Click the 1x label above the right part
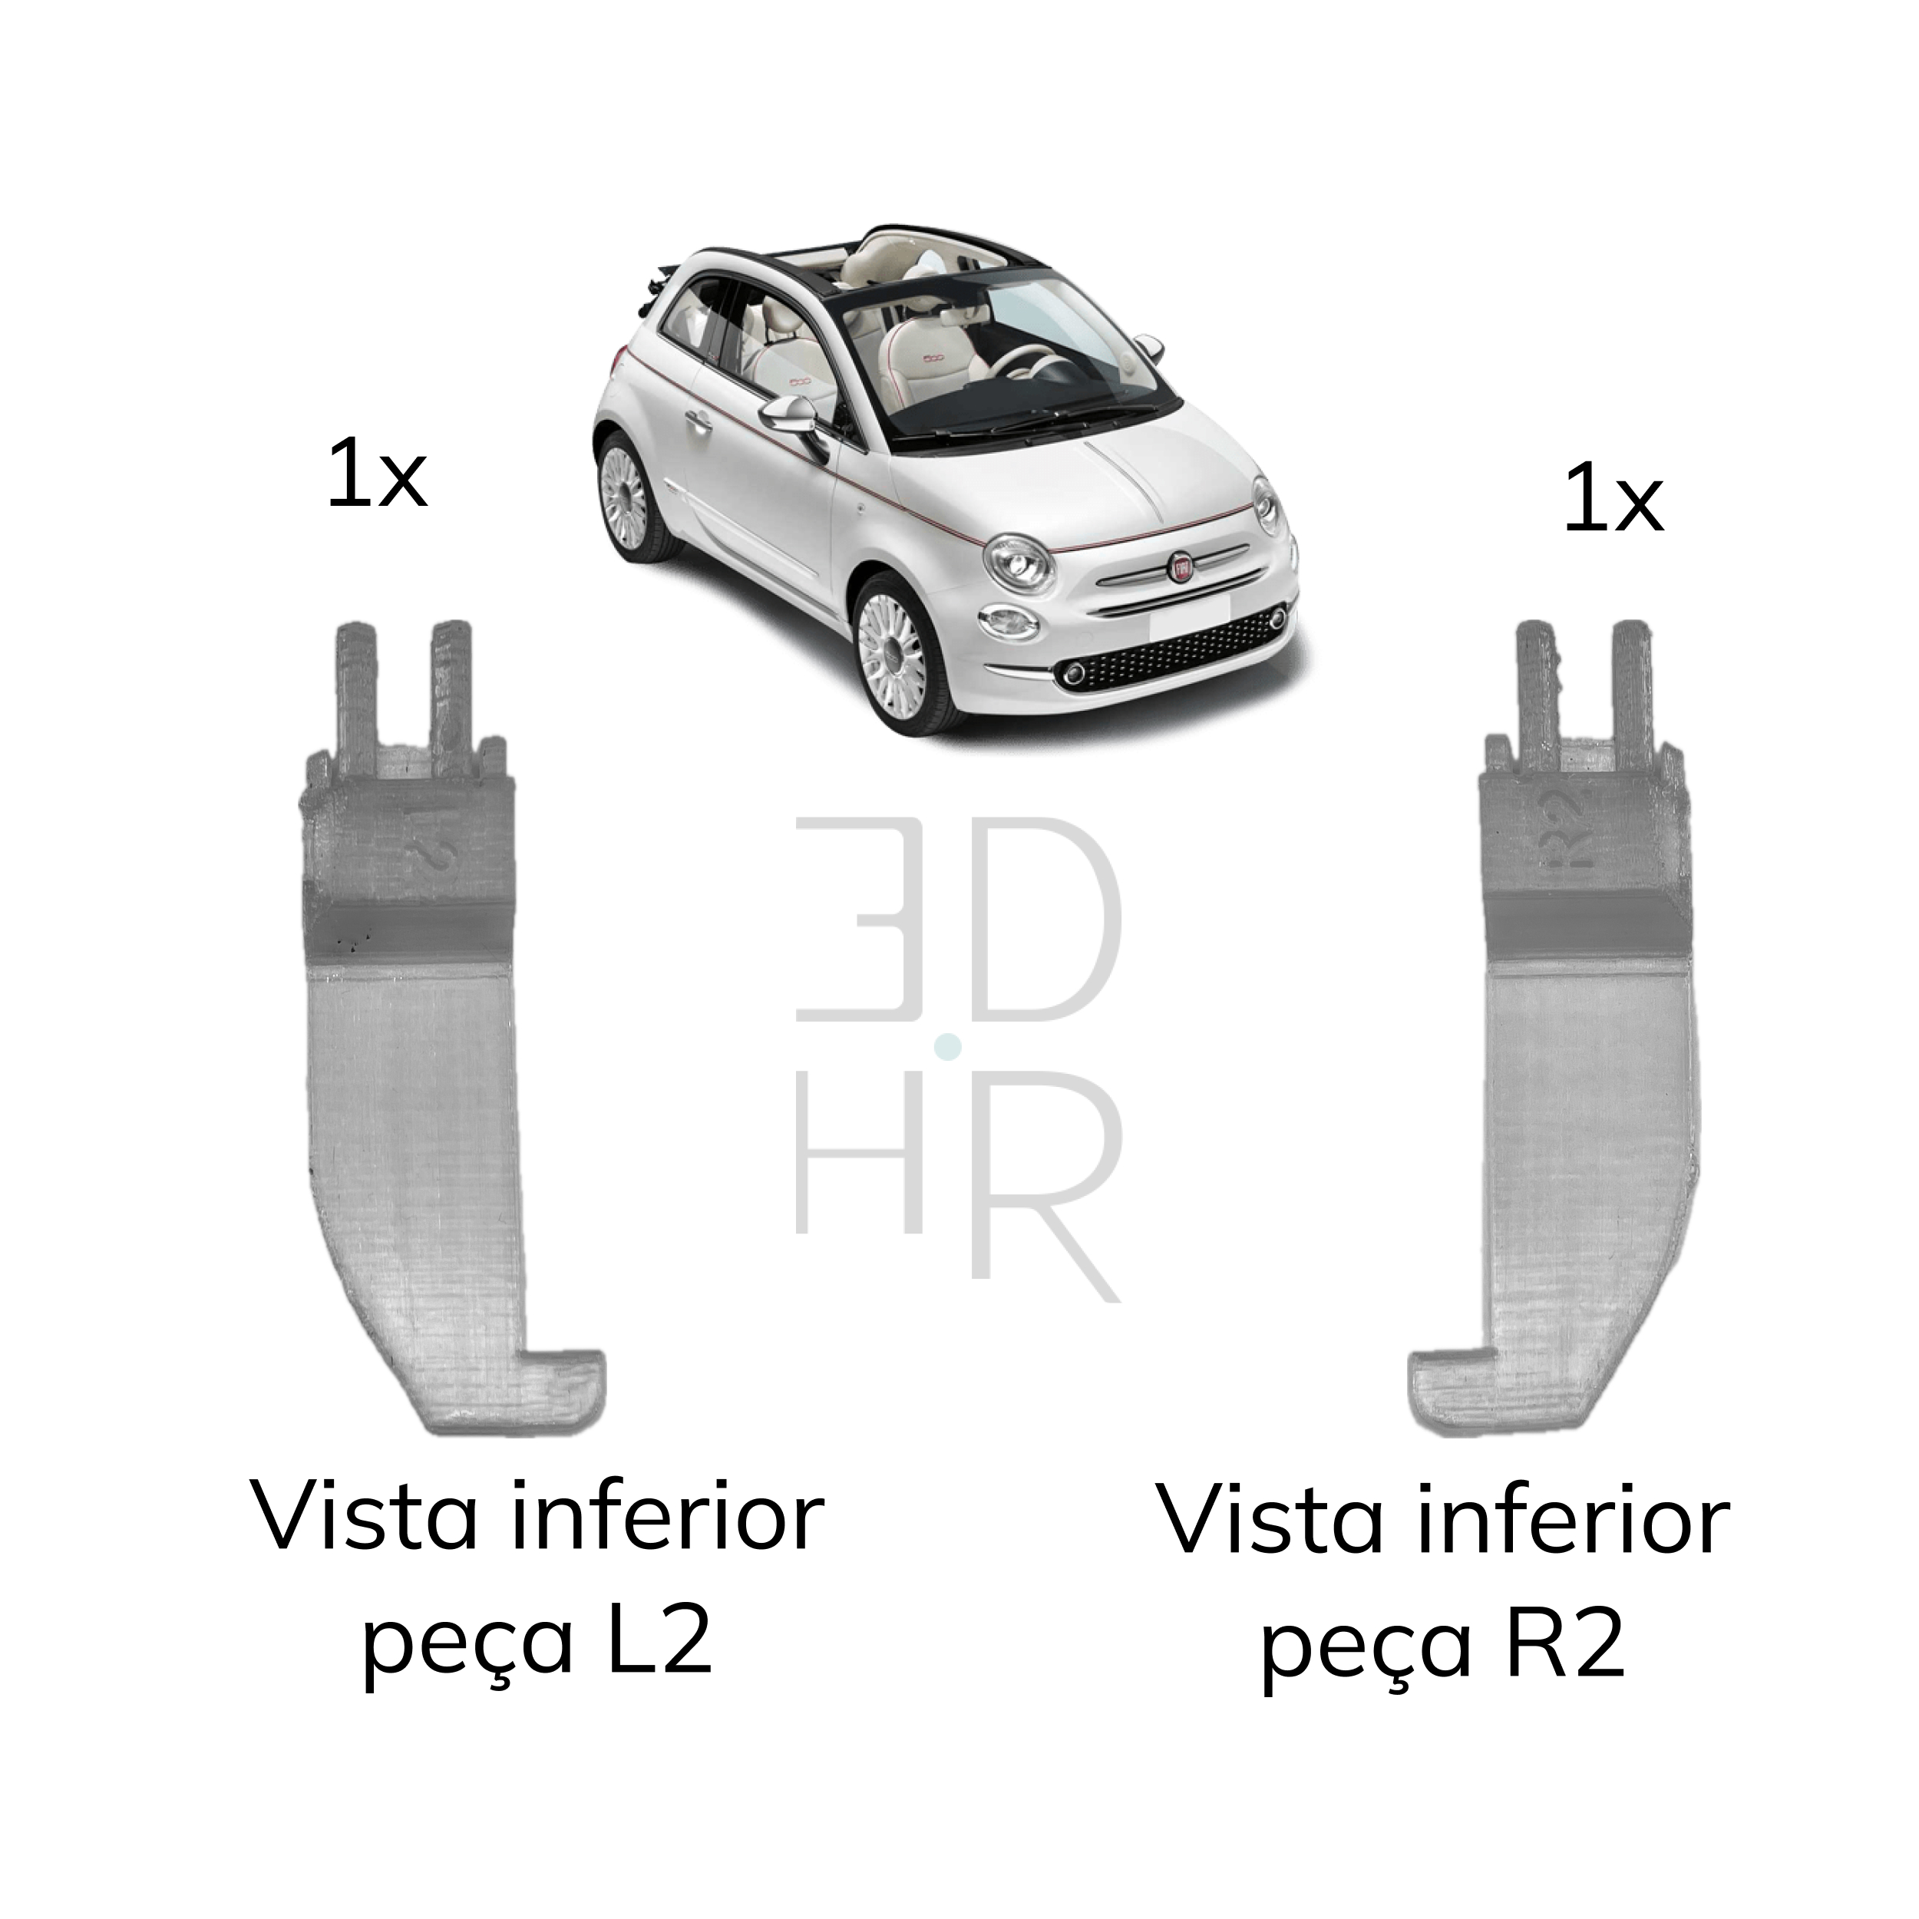coord(1612,503)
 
